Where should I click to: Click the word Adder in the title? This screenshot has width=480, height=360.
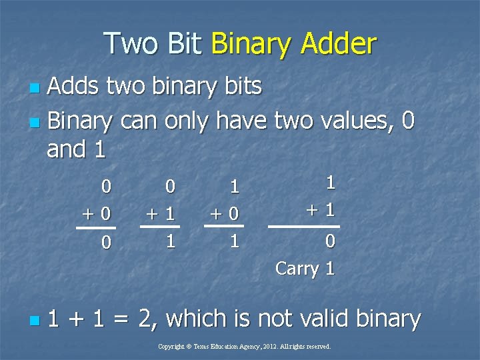tap(338, 44)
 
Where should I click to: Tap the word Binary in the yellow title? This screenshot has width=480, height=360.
tap(251, 44)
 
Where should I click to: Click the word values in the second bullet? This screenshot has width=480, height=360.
tap(360, 121)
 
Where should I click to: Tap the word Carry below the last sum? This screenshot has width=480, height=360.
tap(297, 269)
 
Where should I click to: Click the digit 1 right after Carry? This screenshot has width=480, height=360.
tap(329, 269)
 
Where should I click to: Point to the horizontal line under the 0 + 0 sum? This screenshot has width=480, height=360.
tap(95, 228)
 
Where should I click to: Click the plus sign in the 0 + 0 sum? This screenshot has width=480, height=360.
tap(87, 215)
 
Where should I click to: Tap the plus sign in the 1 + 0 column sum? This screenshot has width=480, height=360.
tap(215, 215)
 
